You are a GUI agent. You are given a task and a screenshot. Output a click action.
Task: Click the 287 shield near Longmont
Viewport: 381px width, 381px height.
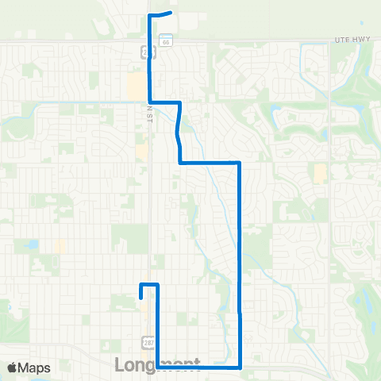148,341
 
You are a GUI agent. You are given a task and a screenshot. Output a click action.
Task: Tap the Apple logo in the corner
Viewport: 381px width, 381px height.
12,368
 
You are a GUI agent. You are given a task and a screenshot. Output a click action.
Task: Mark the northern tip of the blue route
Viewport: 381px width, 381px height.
170,13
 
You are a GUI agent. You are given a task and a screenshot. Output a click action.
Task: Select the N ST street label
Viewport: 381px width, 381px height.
148,116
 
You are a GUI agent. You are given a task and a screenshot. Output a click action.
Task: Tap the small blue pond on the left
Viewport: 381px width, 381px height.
33,245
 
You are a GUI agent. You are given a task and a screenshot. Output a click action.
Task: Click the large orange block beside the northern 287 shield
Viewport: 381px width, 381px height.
135,84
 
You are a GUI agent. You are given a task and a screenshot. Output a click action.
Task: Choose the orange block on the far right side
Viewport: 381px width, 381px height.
319,174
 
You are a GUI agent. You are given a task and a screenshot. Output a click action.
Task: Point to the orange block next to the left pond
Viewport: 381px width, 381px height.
60,247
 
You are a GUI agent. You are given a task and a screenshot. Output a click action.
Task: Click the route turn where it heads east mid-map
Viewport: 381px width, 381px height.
181,162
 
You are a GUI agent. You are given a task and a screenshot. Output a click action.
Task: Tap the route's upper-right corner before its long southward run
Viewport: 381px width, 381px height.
239,162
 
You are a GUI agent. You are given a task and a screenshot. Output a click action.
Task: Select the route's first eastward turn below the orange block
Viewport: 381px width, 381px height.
150,102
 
